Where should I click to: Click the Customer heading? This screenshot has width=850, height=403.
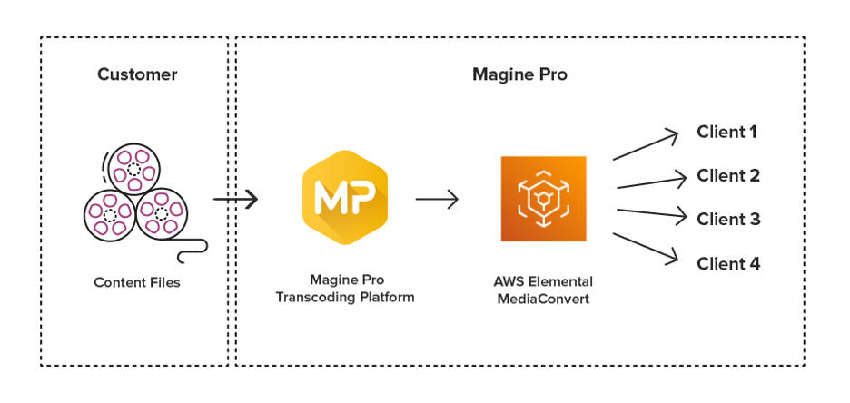coord(137,74)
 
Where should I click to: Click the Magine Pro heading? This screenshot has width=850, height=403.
coord(519,74)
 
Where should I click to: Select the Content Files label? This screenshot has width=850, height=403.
coord(137,282)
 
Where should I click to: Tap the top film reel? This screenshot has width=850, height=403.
coord(133,169)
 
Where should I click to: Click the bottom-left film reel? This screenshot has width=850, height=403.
coord(109,214)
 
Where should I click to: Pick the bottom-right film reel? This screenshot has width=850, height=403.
coord(162,214)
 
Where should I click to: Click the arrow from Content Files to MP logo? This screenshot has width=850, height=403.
coord(235,199)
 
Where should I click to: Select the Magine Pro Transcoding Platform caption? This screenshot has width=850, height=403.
coord(345,290)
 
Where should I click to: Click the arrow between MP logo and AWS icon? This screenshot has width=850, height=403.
coord(437,199)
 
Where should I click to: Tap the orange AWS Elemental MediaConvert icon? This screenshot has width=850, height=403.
coord(543,199)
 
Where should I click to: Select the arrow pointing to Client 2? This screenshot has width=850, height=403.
coord(648,182)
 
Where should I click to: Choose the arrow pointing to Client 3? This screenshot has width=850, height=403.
coord(648,214)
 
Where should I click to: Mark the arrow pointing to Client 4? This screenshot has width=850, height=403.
coord(646,248)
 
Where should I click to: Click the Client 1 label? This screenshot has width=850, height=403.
coord(726,133)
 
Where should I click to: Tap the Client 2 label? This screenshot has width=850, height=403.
coord(728,176)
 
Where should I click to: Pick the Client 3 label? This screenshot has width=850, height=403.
coord(728,220)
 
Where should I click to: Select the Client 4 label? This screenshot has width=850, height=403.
coord(728,264)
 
